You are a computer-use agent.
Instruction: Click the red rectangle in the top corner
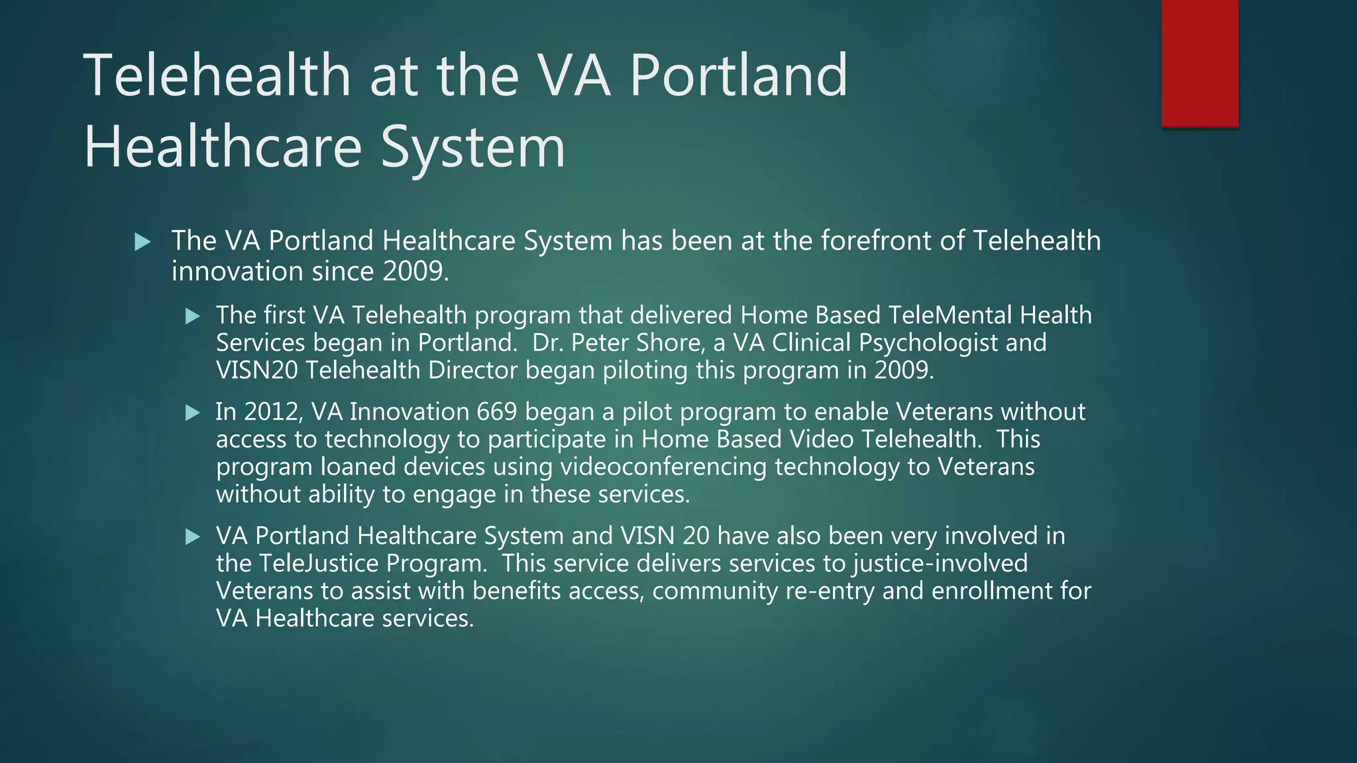tap(1199, 63)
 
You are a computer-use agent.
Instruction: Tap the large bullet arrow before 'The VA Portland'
tap(142, 242)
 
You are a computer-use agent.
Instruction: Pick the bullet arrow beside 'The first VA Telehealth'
tap(193, 317)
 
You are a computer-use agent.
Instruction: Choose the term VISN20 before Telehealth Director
tap(257, 370)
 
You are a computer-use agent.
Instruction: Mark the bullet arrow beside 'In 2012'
tap(193, 413)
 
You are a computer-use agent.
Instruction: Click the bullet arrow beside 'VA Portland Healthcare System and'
tap(193, 536)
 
